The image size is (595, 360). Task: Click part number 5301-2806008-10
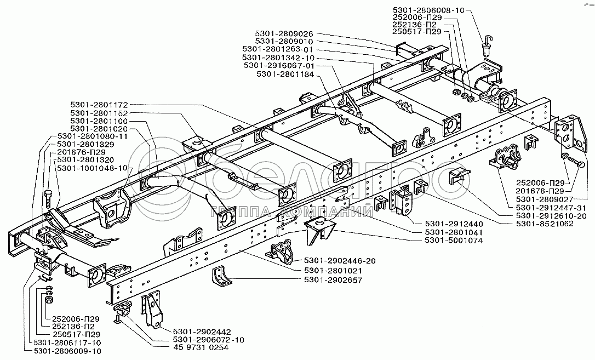coord(428,10)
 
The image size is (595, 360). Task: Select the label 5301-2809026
coord(284,34)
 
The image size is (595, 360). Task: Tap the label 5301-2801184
coord(285,75)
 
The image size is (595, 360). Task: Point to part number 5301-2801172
coord(99,104)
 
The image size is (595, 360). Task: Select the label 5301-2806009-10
coord(67,351)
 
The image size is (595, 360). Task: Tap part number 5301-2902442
coord(202,332)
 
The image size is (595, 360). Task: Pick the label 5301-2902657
coord(333,280)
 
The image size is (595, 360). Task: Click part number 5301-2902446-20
coord(340,261)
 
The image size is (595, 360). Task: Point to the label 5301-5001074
coord(454,240)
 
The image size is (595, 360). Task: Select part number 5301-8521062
coord(545,224)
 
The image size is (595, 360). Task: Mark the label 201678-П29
coord(540,191)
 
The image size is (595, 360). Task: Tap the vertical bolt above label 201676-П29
coord(49,198)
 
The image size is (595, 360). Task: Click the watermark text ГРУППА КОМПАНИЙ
coord(291,212)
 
